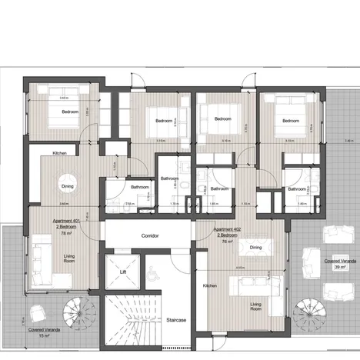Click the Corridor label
pyautogui.click(x=150, y=235)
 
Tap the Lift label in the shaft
pyautogui.click(x=122, y=272)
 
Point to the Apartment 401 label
pyautogui.click(x=67, y=220)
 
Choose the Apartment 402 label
pyautogui.click(x=227, y=229)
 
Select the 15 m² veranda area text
pyautogui.click(x=44, y=335)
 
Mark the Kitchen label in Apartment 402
pyautogui.click(x=210, y=285)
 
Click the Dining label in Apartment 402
pyautogui.click(x=255, y=248)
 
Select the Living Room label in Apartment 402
pyautogui.click(x=255, y=308)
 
